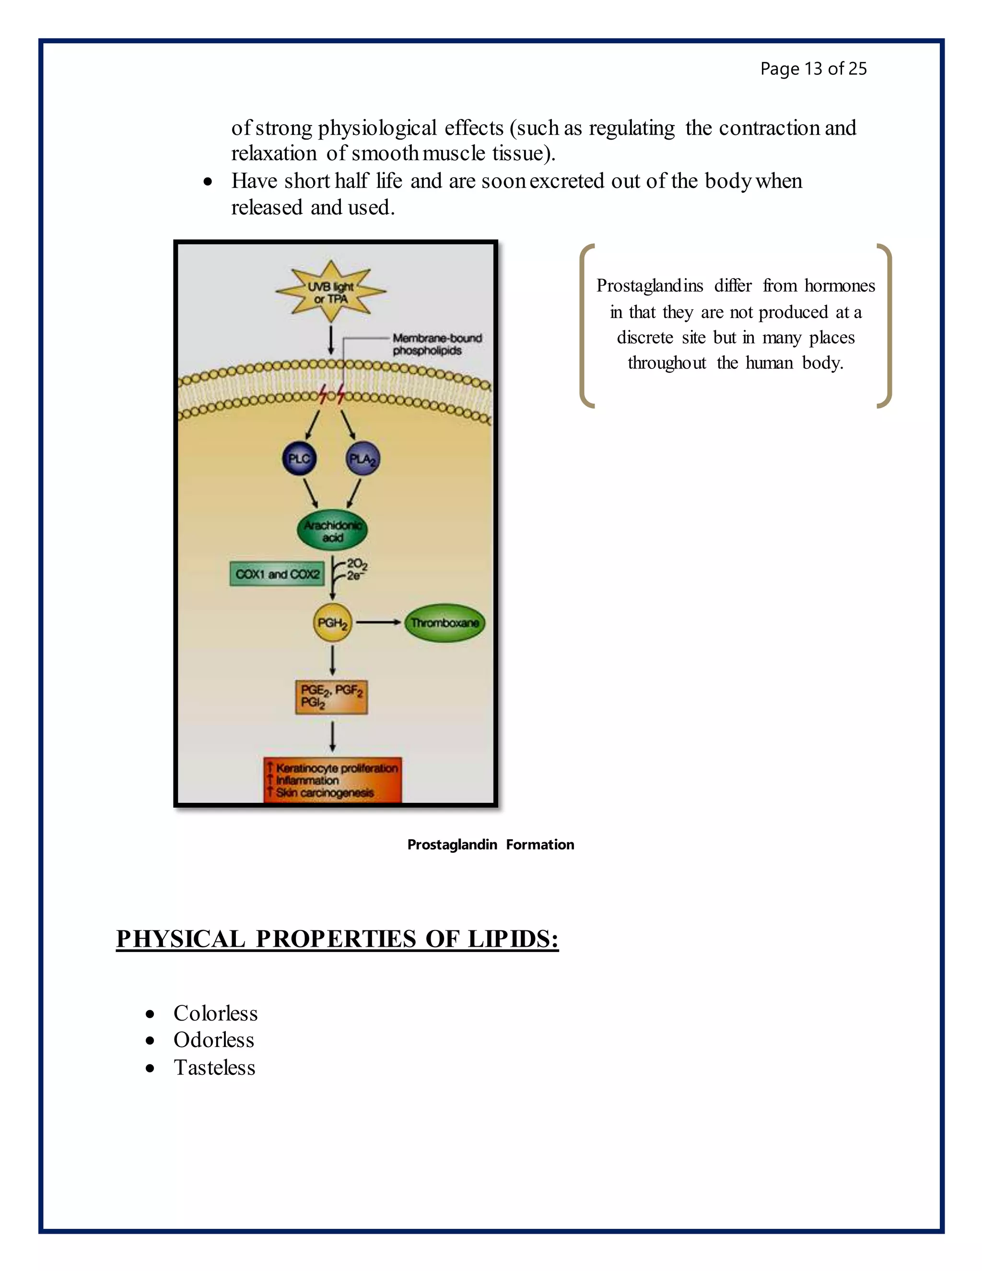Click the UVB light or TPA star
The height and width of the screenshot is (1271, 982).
[x=330, y=292]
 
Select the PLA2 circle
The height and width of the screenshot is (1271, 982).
[x=362, y=459]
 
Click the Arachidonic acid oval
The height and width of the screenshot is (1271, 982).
[x=333, y=531]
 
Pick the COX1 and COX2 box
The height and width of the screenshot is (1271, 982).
[x=277, y=574]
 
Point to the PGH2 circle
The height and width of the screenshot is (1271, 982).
[x=332, y=623]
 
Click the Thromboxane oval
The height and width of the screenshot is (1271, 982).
[x=444, y=623]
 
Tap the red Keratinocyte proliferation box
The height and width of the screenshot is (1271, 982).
[x=332, y=780]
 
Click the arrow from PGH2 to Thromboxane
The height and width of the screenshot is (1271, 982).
[x=378, y=623]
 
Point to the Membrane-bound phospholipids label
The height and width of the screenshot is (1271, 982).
[x=436, y=344]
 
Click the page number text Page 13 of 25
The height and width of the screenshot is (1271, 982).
[x=813, y=69]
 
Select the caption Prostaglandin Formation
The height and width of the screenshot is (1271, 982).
[x=491, y=845]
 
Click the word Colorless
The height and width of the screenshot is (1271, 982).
[x=215, y=1013]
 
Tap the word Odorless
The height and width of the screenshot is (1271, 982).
[x=213, y=1040]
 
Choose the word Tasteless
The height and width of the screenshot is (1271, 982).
[x=214, y=1067]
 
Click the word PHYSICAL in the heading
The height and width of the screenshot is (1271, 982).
[x=180, y=939]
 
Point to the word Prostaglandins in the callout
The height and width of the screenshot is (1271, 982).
[x=650, y=286]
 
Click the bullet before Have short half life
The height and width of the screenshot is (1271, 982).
[x=208, y=182]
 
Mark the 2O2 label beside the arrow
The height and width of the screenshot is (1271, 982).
[x=357, y=564]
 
